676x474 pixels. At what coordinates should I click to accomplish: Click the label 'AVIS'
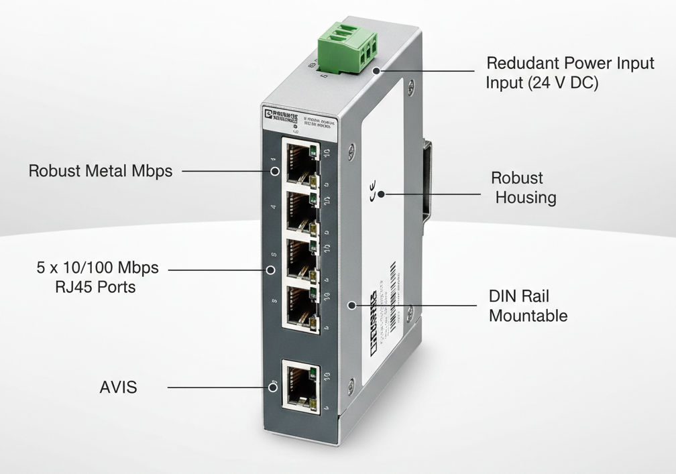pos(118,387)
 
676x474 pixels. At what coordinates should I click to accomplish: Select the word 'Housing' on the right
pos(525,197)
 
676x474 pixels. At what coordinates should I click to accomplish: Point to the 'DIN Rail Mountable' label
pos(527,306)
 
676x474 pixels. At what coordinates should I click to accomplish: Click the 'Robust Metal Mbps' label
pos(100,171)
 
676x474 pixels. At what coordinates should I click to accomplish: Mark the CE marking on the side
pos(373,192)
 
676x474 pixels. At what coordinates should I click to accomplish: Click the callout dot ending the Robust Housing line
pos(381,195)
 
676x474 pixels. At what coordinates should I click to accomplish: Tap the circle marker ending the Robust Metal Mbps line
pos(274,171)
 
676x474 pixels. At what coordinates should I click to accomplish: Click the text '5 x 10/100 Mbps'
pos(97,268)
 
